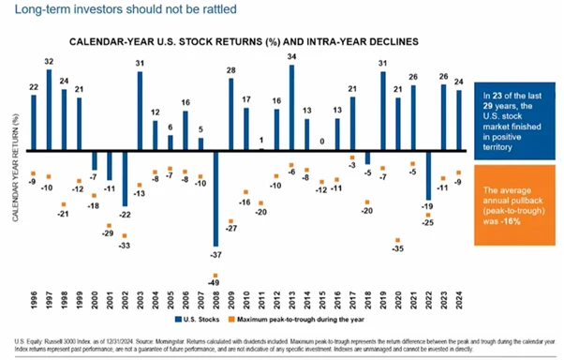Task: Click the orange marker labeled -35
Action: tap(399, 240)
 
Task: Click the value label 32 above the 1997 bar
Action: tap(49, 62)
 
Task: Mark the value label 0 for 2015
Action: tap(322, 142)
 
